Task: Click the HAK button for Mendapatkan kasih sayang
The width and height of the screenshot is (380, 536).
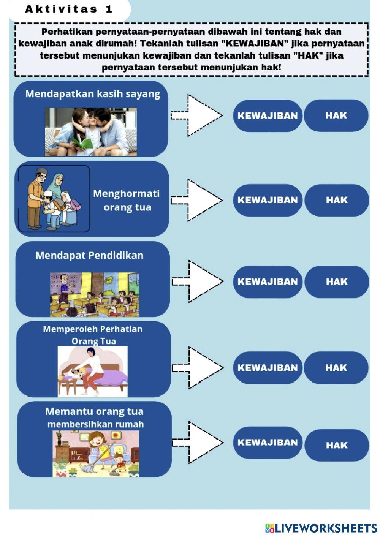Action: pos(336,115)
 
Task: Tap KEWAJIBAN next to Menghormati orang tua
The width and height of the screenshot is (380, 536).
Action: pos(268,200)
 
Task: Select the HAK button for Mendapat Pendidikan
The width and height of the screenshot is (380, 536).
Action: pos(337,281)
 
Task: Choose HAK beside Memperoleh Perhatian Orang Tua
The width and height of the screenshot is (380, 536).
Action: pos(336,368)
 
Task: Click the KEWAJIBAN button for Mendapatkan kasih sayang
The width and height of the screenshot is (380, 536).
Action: pos(268,115)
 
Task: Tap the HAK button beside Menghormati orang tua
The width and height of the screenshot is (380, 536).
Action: pos(337,200)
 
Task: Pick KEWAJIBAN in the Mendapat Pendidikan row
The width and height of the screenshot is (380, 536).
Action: pos(268,281)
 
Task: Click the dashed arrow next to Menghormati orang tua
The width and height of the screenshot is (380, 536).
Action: pos(198,200)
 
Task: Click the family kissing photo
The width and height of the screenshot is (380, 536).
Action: pos(91,131)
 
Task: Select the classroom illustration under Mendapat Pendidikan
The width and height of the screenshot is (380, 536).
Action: pos(94,294)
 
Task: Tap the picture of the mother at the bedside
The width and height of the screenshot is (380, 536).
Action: pos(93,371)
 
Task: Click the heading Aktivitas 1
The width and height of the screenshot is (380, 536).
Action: pos(69,9)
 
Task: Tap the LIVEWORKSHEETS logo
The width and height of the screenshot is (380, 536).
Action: pos(321,528)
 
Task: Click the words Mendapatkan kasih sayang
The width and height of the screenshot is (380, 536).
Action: pos(93,94)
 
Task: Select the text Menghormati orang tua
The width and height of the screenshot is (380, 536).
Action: pos(127,200)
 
